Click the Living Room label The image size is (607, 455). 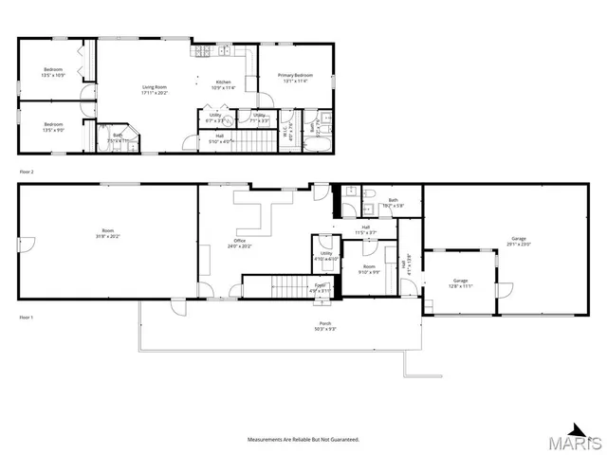click(x=155, y=90)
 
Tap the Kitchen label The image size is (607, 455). click(x=223, y=85)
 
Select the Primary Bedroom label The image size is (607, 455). click(x=296, y=78)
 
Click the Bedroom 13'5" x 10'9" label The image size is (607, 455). click(x=53, y=73)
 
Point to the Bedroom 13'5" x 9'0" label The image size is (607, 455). click(x=53, y=127)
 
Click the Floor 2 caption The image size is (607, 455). click(x=27, y=172)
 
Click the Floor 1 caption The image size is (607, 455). click(x=27, y=317)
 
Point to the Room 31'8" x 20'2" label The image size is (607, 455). click(x=107, y=233)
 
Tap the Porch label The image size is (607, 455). click(x=325, y=327)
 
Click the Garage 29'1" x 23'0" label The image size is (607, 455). click(x=518, y=241)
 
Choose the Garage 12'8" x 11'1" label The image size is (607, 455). click(x=460, y=282)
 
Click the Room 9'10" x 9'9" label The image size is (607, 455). click(x=368, y=269)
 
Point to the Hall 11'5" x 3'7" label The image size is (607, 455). click(x=365, y=229)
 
